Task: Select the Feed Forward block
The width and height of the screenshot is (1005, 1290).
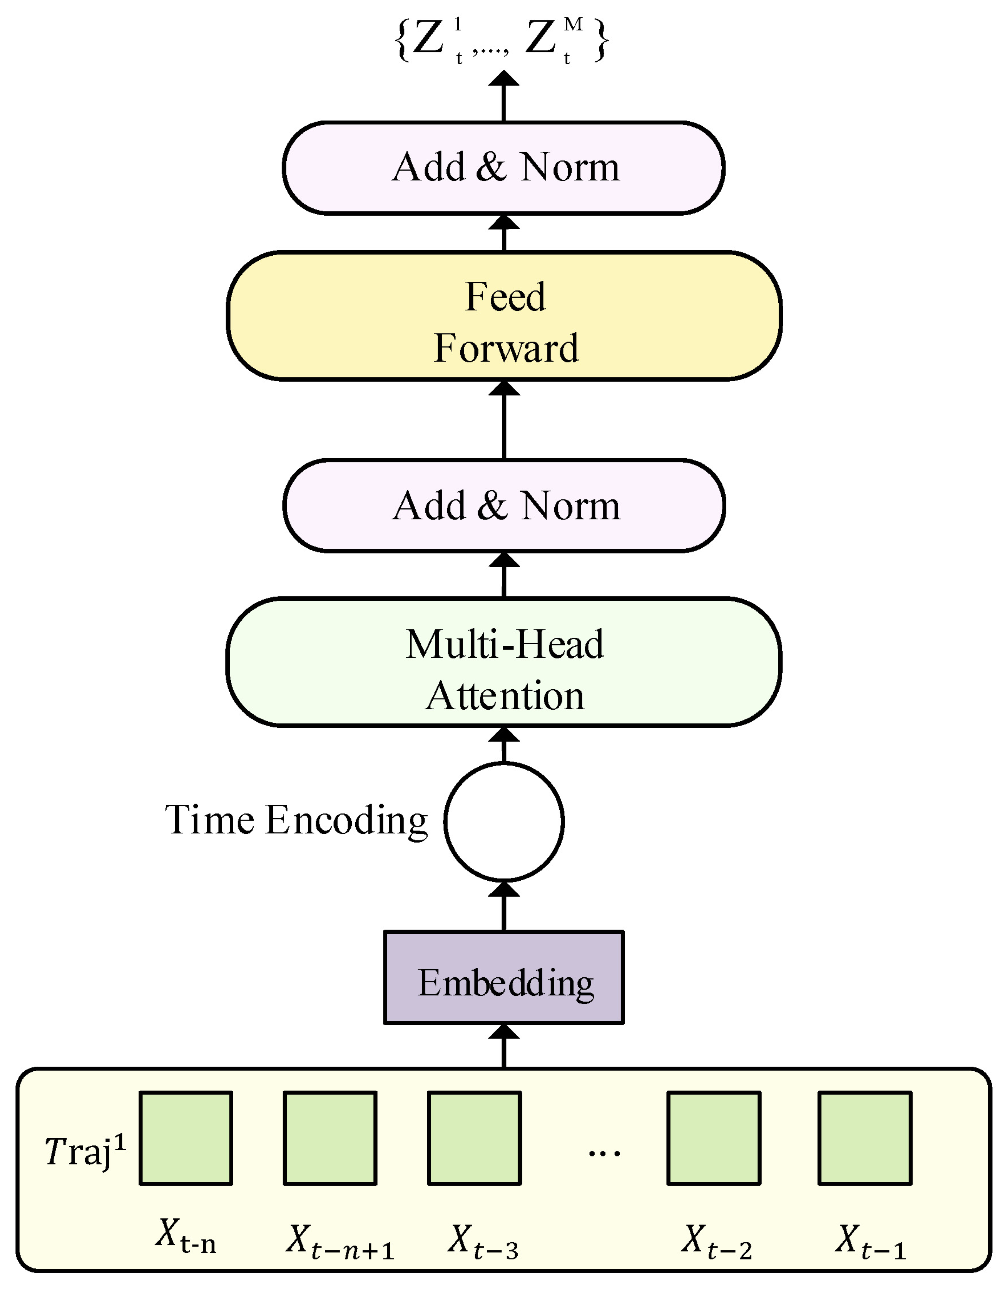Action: coord(504,316)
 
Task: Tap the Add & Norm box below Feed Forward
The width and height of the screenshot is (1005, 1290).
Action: coord(504,506)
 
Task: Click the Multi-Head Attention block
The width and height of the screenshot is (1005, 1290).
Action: coord(504,662)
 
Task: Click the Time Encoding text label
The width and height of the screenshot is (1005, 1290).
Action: coord(296,821)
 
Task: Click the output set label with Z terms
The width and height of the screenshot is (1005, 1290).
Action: coord(502,40)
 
